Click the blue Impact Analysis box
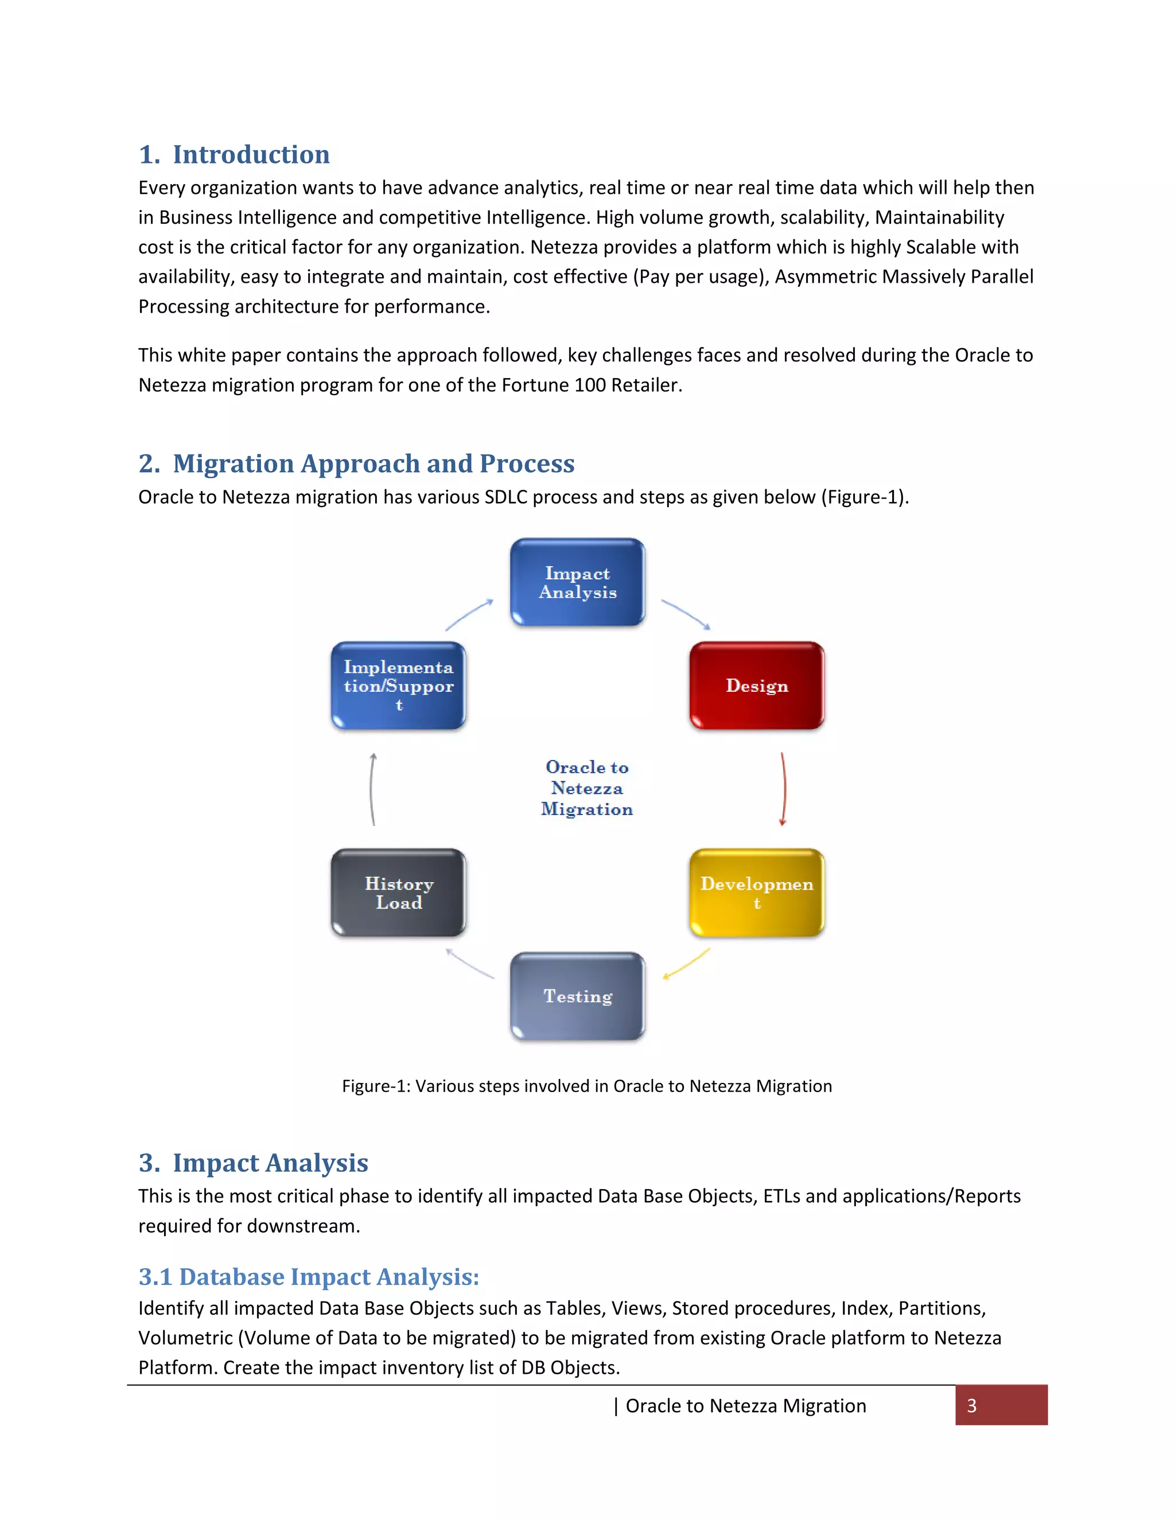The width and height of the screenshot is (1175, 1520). tap(577, 583)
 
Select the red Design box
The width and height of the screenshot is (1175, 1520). tap(757, 685)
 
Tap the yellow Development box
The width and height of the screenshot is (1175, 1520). tap(757, 892)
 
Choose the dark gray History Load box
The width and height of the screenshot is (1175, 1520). tap(398, 892)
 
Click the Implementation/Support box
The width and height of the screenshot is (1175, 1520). tap(398, 685)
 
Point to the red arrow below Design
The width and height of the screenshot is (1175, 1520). tap(784, 789)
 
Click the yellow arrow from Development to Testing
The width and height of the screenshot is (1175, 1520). tap(686, 964)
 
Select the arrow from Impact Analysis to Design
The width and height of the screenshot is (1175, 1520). tap(686, 614)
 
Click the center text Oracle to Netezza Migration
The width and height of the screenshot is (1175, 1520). tap(587, 788)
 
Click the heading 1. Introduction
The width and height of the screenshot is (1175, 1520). tap(235, 154)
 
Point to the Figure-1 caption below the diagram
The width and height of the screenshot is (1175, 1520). tap(587, 1086)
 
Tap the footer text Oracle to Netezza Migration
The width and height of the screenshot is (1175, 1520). tap(745, 1406)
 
